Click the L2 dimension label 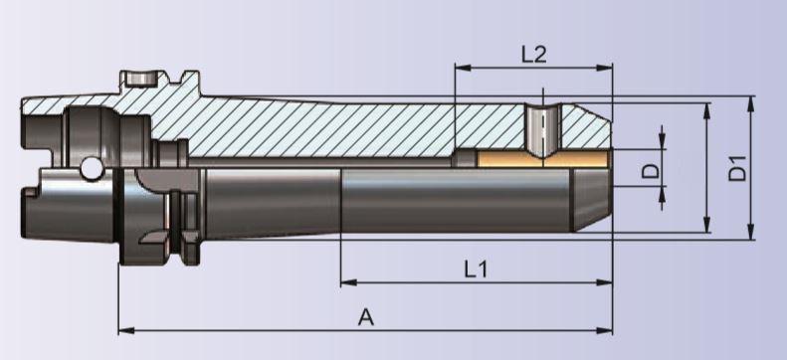(533, 54)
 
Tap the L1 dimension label (476, 270)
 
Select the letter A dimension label (366, 317)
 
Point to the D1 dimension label (737, 168)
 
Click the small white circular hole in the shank (92, 168)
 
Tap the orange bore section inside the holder (543, 159)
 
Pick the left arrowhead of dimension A (126, 330)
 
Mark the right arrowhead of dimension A (604, 330)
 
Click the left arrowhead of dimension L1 (349, 282)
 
